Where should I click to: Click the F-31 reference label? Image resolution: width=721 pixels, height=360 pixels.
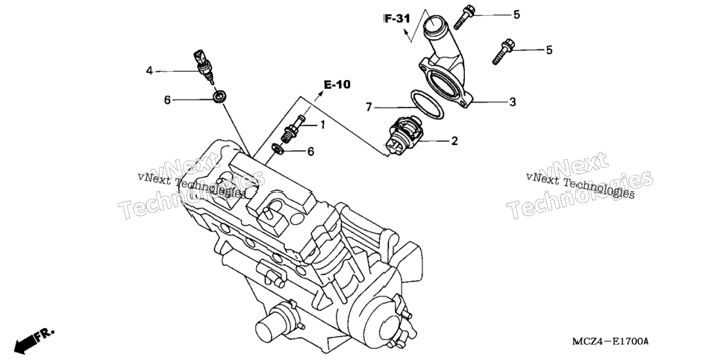click(x=397, y=19)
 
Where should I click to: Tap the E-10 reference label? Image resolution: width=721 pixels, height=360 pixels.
click(x=337, y=84)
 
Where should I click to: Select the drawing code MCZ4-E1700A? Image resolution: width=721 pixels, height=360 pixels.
click(x=611, y=341)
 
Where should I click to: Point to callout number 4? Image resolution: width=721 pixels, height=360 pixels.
click(x=149, y=71)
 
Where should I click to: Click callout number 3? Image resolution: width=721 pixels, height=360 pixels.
click(x=513, y=102)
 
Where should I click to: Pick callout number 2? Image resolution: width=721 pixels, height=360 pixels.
click(x=455, y=141)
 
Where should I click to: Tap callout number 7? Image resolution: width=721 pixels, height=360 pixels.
click(x=368, y=108)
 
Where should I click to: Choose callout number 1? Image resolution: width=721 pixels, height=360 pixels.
click(x=322, y=124)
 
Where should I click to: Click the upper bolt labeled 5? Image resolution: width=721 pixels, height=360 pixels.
click(x=464, y=17)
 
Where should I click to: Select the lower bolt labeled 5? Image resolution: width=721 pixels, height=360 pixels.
click(x=503, y=52)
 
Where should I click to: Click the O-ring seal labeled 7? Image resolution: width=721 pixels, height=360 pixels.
click(x=426, y=105)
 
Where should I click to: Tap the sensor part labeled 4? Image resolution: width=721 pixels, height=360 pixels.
click(x=203, y=66)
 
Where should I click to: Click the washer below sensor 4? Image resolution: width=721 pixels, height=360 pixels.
click(x=219, y=96)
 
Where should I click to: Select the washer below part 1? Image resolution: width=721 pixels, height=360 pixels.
click(x=277, y=149)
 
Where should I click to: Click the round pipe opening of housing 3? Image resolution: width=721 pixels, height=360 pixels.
click(x=432, y=22)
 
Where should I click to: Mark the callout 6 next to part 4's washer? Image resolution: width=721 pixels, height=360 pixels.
click(x=167, y=100)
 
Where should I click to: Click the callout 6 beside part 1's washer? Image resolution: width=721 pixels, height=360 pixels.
click(x=310, y=152)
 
